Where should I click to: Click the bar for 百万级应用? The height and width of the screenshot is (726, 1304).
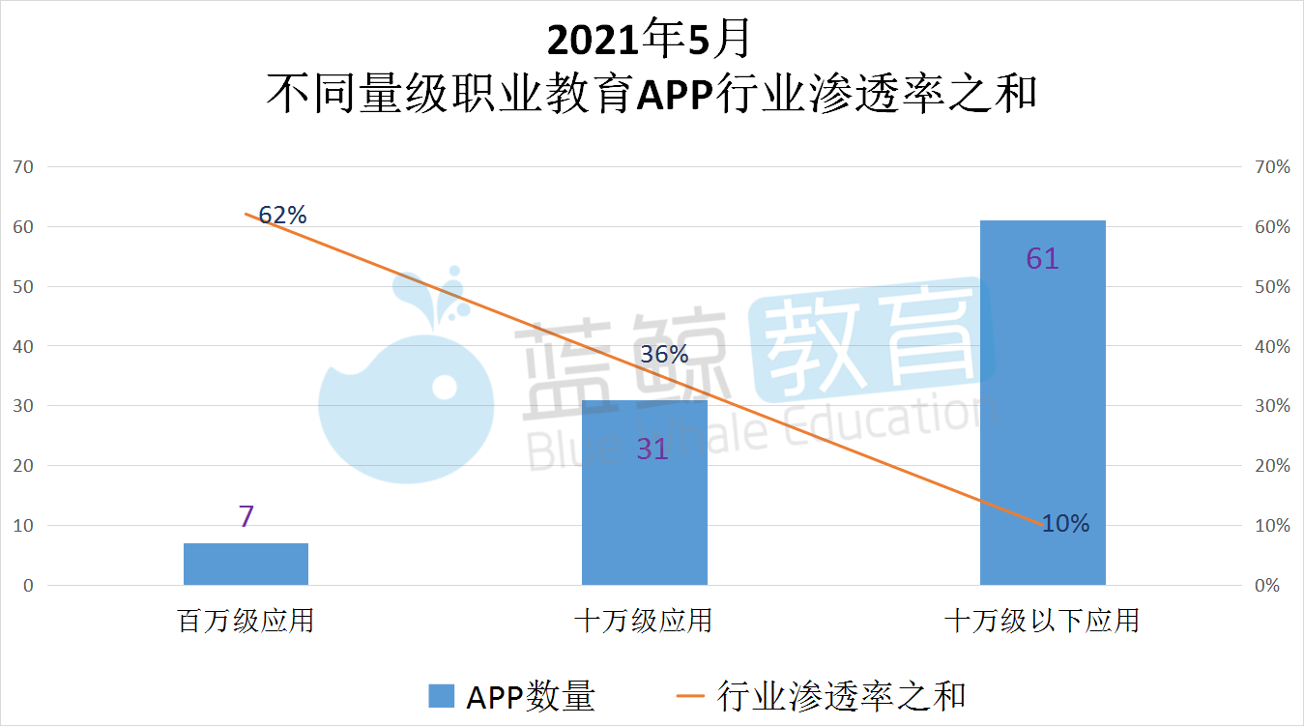[246, 564]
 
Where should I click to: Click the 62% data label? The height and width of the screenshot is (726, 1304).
[282, 216]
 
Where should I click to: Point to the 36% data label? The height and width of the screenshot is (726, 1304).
[665, 355]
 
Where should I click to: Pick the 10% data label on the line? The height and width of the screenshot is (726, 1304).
[1065, 524]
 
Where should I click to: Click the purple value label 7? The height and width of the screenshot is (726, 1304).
[246, 516]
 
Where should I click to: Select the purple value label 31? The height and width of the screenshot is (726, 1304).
[652, 449]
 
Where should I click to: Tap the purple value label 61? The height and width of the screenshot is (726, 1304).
[1042, 259]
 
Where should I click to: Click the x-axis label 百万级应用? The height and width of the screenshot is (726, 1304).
[246, 620]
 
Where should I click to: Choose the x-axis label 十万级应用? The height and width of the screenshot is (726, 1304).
[643, 620]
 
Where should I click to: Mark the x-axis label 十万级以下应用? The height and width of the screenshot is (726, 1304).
[1041, 620]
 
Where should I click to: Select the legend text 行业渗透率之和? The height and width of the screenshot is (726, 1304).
[842, 696]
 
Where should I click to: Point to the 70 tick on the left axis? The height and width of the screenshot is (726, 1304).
[23, 166]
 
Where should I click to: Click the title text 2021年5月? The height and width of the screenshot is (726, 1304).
[649, 40]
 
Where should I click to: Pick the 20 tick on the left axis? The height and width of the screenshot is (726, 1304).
[23, 466]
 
